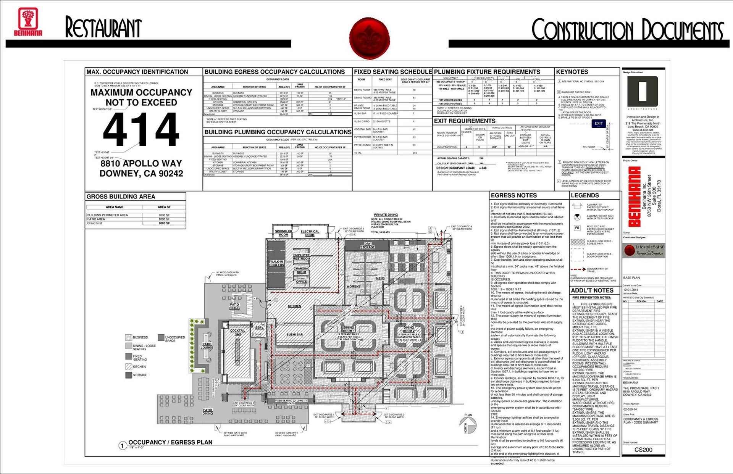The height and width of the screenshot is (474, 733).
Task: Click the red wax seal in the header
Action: (x=369, y=37)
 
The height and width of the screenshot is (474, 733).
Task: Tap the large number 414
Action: (x=141, y=130)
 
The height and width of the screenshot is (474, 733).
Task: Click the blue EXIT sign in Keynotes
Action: (x=598, y=123)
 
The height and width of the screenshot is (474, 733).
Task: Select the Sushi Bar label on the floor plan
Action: (x=294, y=335)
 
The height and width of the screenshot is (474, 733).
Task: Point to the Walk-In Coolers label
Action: (x=276, y=263)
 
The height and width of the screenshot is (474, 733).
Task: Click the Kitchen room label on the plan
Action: (x=294, y=306)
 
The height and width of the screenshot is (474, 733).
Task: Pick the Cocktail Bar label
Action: (x=237, y=332)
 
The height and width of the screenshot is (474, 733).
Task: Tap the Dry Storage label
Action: (x=367, y=246)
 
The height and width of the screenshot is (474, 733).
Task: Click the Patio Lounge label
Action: (x=207, y=346)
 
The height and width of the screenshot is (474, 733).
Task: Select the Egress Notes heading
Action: (x=513, y=195)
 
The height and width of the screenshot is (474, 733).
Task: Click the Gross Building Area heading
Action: (x=121, y=197)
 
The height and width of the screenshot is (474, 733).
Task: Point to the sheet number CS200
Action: (x=643, y=450)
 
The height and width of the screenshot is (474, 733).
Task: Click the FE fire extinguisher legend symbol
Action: (x=577, y=228)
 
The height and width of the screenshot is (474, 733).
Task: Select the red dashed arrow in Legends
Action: (x=578, y=269)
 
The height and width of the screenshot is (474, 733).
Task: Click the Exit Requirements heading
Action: (x=465, y=121)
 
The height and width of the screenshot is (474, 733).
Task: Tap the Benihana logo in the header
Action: (x=28, y=22)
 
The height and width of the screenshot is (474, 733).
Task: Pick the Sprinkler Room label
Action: (x=284, y=233)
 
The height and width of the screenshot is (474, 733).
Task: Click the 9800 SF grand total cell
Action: (x=164, y=223)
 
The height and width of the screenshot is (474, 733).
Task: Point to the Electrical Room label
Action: (x=310, y=233)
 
